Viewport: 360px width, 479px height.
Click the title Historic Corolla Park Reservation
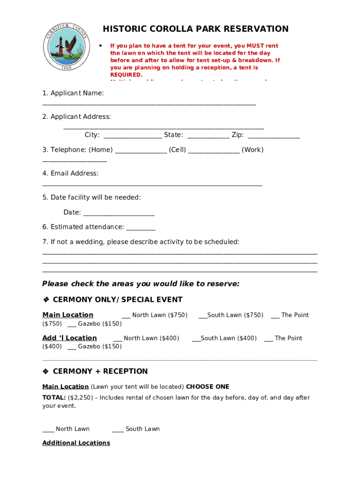195,29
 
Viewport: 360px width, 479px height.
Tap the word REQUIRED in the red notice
126,75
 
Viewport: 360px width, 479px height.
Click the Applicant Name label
73,93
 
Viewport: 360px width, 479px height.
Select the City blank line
133,136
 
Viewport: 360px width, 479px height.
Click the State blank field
209,136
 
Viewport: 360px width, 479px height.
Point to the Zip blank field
274,136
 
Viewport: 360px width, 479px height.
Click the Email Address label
70,174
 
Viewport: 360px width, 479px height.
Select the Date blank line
118,213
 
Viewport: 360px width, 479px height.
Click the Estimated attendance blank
141,227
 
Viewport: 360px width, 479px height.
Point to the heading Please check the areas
141,284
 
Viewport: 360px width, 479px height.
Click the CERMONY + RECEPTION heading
100,371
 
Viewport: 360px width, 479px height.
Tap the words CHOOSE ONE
208,387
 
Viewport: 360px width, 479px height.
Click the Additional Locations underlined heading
76,443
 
